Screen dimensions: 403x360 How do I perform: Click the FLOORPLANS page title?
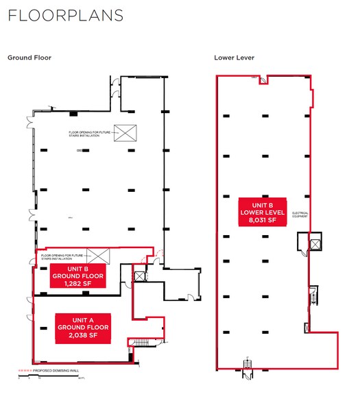click(x=66, y=16)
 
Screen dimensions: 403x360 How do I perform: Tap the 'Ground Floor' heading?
click(x=29, y=58)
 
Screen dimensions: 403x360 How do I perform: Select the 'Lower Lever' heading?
click(x=235, y=58)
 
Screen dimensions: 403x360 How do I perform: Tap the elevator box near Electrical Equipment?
click(x=314, y=243)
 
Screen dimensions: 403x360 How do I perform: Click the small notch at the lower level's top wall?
click(x=263, y=80)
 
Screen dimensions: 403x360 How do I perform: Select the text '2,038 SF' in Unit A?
click(x=78, y=337)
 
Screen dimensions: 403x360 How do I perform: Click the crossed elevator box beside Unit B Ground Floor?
click(x=140, y=276)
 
